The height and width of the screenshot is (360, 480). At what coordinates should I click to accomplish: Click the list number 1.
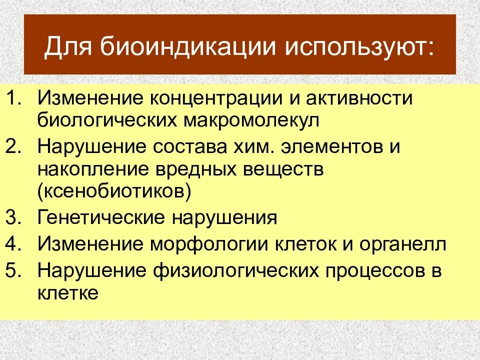tap(17, 98)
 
